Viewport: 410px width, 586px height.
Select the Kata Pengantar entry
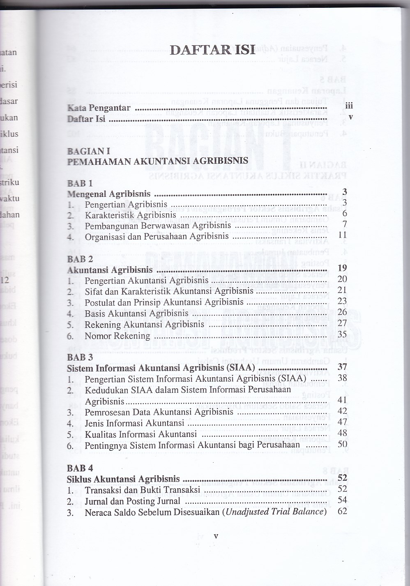pos(99,108)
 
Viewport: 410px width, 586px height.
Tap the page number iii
pos(349,106)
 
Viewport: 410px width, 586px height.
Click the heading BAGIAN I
pos(88,151)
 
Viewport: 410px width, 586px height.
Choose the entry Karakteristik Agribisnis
pos(130,215)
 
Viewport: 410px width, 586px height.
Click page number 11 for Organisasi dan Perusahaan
pos(342,235)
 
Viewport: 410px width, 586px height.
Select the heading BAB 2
pos(80,259)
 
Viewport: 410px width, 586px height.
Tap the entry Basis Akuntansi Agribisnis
pos(136,314)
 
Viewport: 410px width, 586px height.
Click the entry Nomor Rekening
pos(117,336)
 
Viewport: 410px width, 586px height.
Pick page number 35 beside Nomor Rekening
pos(342,335)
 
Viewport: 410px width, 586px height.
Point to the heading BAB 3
pos(80,357)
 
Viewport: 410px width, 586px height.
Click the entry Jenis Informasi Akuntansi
pos(134,423)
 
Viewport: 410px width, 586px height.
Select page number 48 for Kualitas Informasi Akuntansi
pos(342,433)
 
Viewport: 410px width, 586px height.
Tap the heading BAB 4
pos(80,468)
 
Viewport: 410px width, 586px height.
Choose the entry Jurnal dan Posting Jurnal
pos(132,501)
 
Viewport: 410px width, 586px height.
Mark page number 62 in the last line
pos(342,511)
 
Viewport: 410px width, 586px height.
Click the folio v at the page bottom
pos(216,536)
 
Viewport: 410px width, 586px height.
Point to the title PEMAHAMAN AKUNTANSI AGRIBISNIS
pos(157,161)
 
